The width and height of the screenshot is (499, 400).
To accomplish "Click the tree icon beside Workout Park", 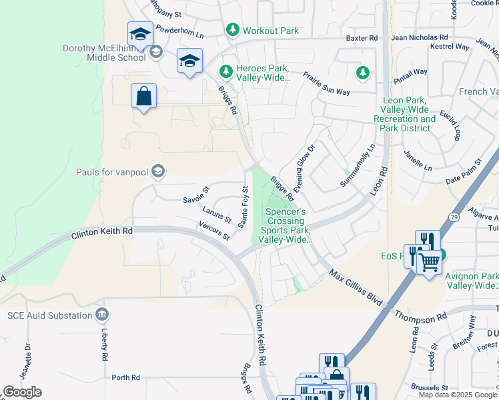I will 232,30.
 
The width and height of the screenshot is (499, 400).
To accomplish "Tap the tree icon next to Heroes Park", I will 226,70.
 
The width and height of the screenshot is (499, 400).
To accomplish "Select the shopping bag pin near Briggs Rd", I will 143,97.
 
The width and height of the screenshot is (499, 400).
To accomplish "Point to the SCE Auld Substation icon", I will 101,314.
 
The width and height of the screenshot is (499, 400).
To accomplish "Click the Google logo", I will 22,392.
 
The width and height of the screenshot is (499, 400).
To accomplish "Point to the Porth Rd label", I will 125,377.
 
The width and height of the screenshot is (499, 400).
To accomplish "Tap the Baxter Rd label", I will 362,39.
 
